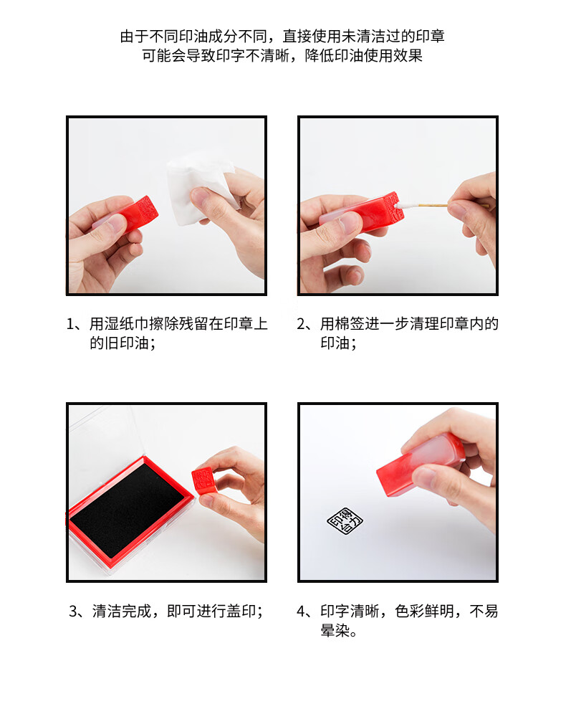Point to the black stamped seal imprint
tap(345, 520)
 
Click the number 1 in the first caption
tap(72, 324)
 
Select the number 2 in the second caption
tap(302, 324)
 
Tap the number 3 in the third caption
tap(74, 611)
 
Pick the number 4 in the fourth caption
tap(302, 611)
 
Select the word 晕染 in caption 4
tap(335, 631)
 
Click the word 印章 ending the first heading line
tap(430, 36)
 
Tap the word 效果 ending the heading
tap(408, 55)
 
